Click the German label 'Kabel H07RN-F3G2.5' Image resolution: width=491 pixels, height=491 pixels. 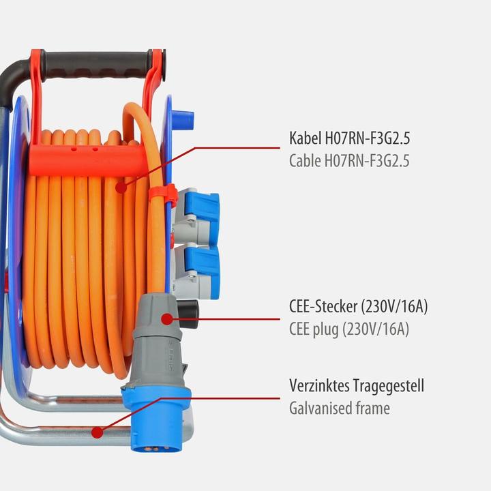pyautogui.click(x=349, y=139)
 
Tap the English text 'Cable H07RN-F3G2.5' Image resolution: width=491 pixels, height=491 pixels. pyautogui.click(x=349, y=162)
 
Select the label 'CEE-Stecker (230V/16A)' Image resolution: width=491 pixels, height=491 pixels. pyautogui.click(x=358, y=306)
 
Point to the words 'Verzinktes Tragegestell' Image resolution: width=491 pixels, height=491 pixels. pyautogui.click(x=356, y=386)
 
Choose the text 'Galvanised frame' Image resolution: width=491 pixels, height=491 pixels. pyautogui.click(x=339, y=408)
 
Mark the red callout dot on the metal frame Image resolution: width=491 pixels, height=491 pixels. pyautogui.click(x=98, y=432)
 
